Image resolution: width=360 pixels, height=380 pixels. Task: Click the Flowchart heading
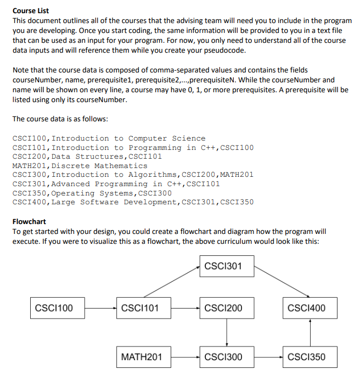[29, 222]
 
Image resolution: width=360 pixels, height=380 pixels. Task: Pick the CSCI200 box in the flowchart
[226, 308]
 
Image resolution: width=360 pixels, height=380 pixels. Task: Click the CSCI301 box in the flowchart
[226, 267]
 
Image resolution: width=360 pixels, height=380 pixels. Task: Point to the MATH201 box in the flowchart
[142, 357]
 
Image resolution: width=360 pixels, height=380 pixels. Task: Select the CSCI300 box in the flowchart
[226, 357]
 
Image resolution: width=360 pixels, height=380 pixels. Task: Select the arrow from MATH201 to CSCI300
[184, 357]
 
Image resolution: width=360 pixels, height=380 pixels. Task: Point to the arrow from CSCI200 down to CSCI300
[227, 332]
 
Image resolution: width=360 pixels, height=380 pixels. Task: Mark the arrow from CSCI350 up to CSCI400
[311, 332]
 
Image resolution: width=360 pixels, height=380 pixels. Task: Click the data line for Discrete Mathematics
[80, 166]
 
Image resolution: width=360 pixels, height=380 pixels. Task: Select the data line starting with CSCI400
[133, 203]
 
